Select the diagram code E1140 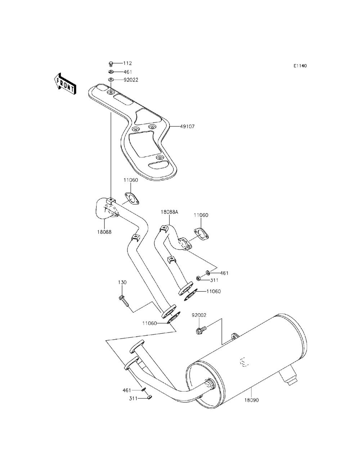(x=300, y=66)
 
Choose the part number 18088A (x=169, y=212)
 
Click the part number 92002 (x=199, y=315)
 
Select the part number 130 (x=122, y=282)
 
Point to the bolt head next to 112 (x=111, y=64)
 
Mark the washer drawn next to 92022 (x=111, y=80)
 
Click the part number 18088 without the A (x=104, y=232)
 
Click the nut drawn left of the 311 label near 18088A (x=198, y=278)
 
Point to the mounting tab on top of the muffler (x=234, y=336)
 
